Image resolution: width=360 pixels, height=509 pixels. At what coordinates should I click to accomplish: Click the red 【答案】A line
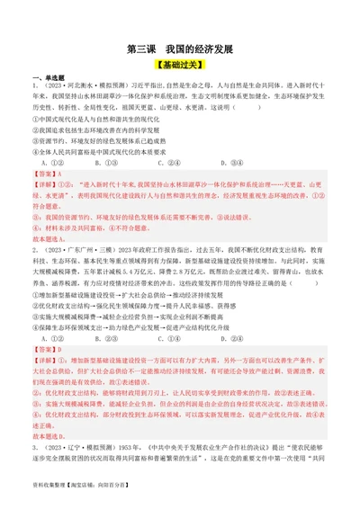pos(50,174)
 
